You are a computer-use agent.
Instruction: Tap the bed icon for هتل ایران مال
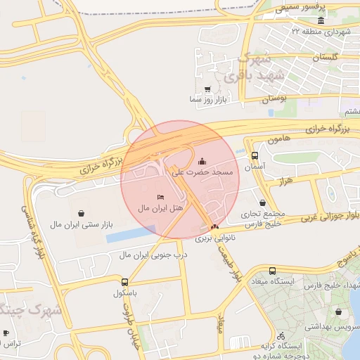click(161, 197)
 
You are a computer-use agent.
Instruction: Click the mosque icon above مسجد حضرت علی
click(202, 160)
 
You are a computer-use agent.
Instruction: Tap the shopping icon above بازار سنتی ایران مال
click(82, 213)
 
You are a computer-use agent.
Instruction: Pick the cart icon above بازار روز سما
click(207, 89)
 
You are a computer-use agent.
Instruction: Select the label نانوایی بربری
click(213, 239)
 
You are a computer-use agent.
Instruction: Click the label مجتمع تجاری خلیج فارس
click(258, 218)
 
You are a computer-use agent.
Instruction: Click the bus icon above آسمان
click(254, 155)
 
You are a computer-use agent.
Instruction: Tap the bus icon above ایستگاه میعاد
click(272, 271)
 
